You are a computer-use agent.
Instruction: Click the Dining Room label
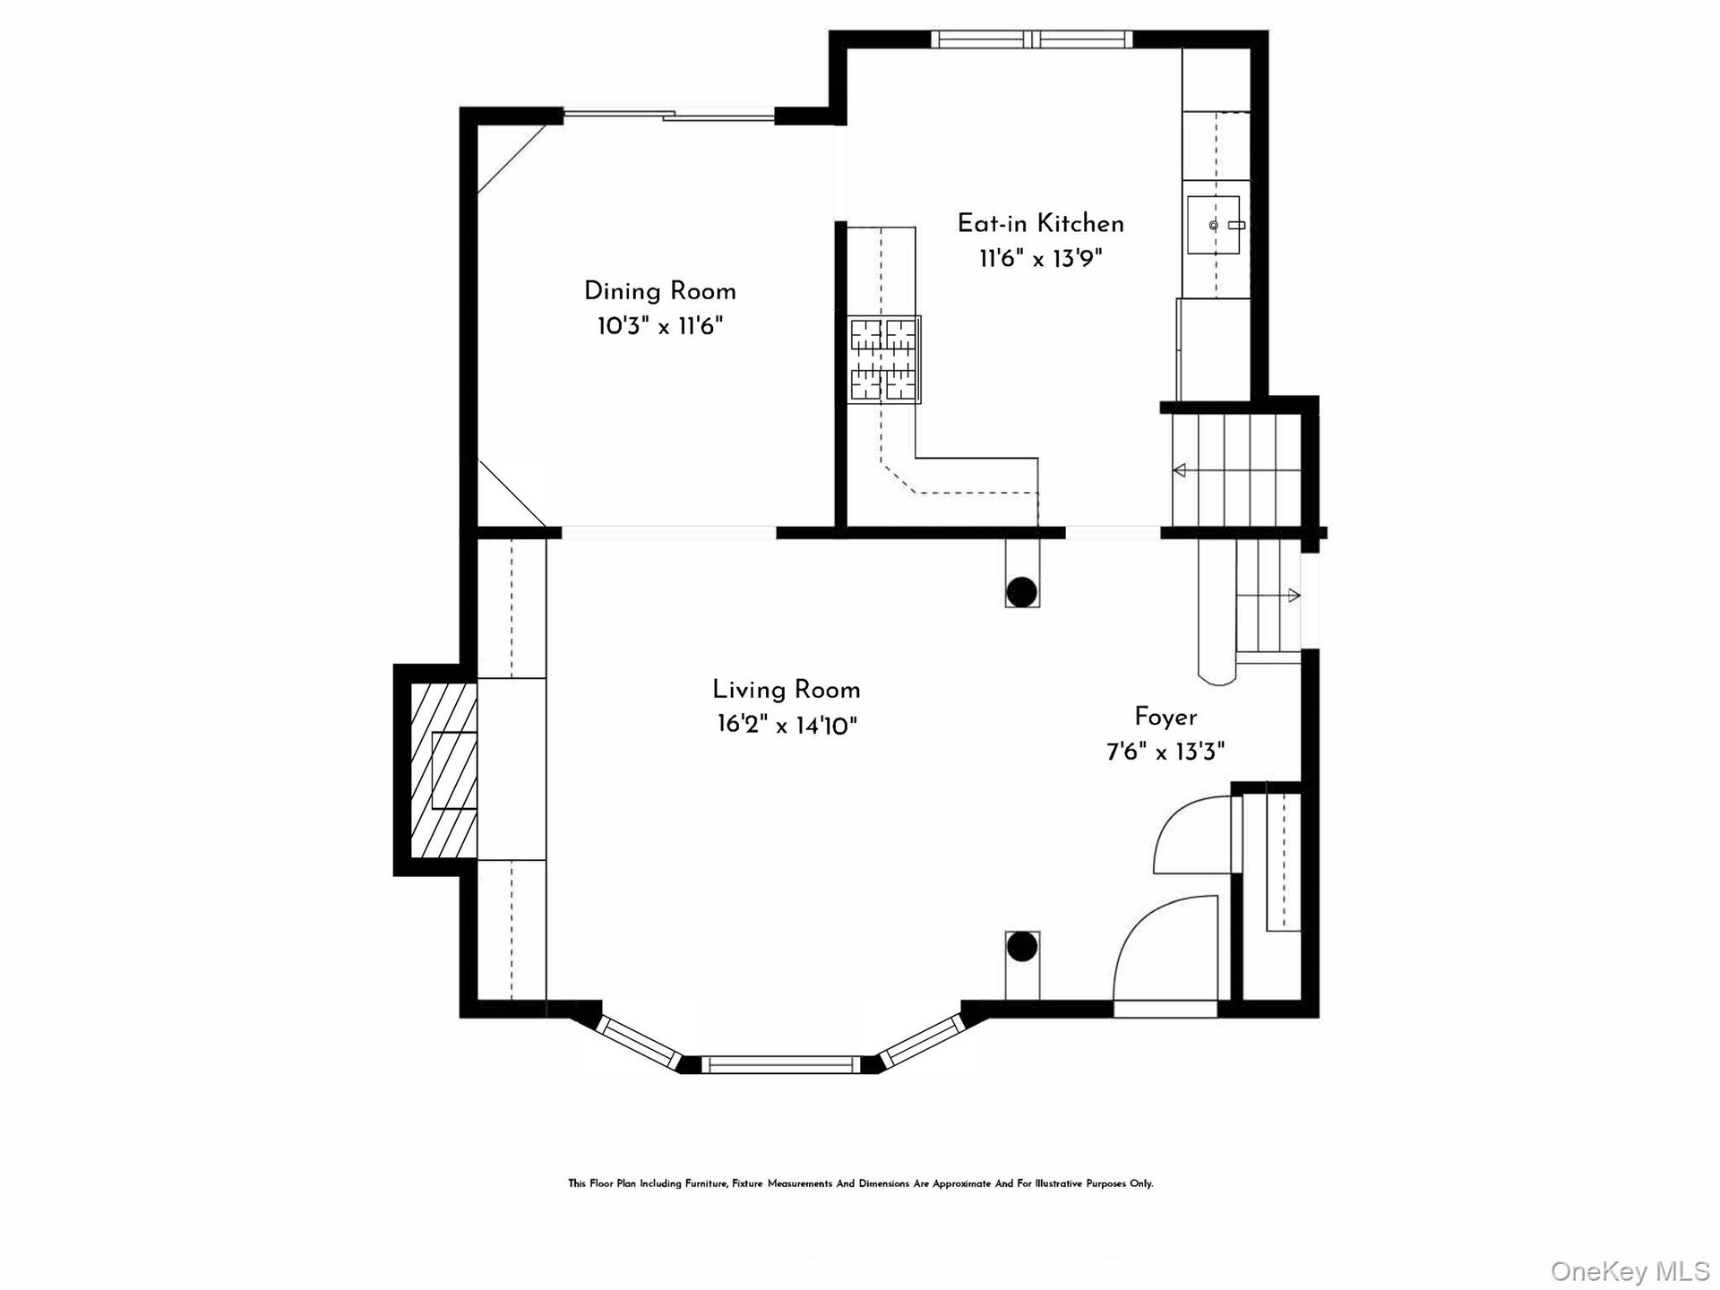click(660, 291)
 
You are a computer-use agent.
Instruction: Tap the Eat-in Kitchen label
click(1040, 223)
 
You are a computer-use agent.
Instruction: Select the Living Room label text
click(787, 690)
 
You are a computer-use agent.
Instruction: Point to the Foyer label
click(1165, 717)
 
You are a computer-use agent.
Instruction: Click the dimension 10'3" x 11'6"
click(660, 325)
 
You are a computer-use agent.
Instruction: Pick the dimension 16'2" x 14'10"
click(787, 725)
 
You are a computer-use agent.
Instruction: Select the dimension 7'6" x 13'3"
click(1165, 751)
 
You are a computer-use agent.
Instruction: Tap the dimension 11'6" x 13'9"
click(1040, 258)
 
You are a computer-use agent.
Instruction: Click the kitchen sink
click(1214, 225)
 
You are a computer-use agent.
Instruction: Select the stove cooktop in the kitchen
click(884, 359)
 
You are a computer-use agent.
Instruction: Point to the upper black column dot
click(1022, 592)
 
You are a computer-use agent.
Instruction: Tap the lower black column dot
click(1022, 947)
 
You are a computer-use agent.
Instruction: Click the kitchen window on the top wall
click(1032, 39)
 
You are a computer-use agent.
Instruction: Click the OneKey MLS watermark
click(1630, 1270)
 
